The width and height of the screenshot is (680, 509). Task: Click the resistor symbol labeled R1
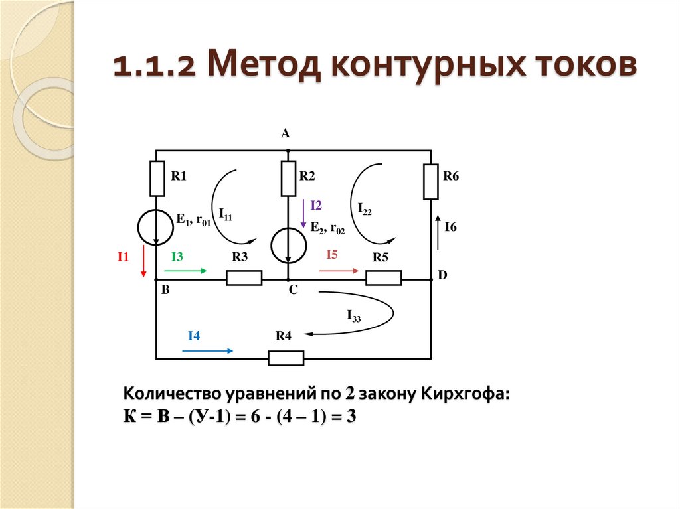tap(157, 179)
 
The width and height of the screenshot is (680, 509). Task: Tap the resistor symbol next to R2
tap(288, 179)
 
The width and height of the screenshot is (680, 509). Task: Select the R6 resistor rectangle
tap(431, 182)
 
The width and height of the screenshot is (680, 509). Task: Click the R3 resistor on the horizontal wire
tap(244, 278)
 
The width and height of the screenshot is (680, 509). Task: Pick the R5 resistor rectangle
tap(384, 278)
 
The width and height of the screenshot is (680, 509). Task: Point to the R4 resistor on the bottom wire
tap(286, 358)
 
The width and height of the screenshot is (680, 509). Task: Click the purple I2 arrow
tap(303, 214)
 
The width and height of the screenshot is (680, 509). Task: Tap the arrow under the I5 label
tap(339, 271)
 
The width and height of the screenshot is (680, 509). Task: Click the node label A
tap(286, 134)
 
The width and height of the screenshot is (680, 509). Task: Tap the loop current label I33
tap(353, 317)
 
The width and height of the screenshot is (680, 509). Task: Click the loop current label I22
tap(364, 209)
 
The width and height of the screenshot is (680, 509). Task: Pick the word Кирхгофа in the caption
tap(466, 394)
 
